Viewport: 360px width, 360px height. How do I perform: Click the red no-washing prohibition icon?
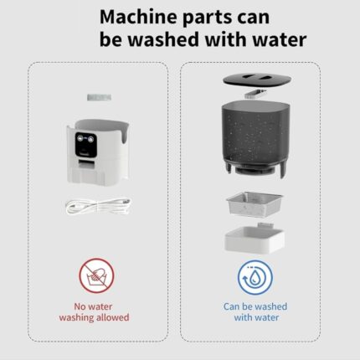(96, 275)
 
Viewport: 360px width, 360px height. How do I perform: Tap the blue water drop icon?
(255, 278)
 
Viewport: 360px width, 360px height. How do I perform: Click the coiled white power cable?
(98, 206)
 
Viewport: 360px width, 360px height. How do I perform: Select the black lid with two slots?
(257, 80)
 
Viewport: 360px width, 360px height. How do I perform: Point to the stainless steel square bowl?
(255, 204)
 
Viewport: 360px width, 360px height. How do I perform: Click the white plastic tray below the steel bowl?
(255, 239)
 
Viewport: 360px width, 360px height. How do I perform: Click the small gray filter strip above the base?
(99, 97)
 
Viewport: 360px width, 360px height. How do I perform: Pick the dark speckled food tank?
(254, 136)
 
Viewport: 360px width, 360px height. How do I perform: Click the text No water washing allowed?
(94, 312)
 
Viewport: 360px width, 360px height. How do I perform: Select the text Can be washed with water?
(255, 312)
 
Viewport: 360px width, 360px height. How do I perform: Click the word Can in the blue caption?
(232, 306)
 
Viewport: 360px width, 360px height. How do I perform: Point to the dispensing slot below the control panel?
(86, 164)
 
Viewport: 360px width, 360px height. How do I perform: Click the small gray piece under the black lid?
(255, 94)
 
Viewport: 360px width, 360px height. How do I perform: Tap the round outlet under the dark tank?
(254, 169)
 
